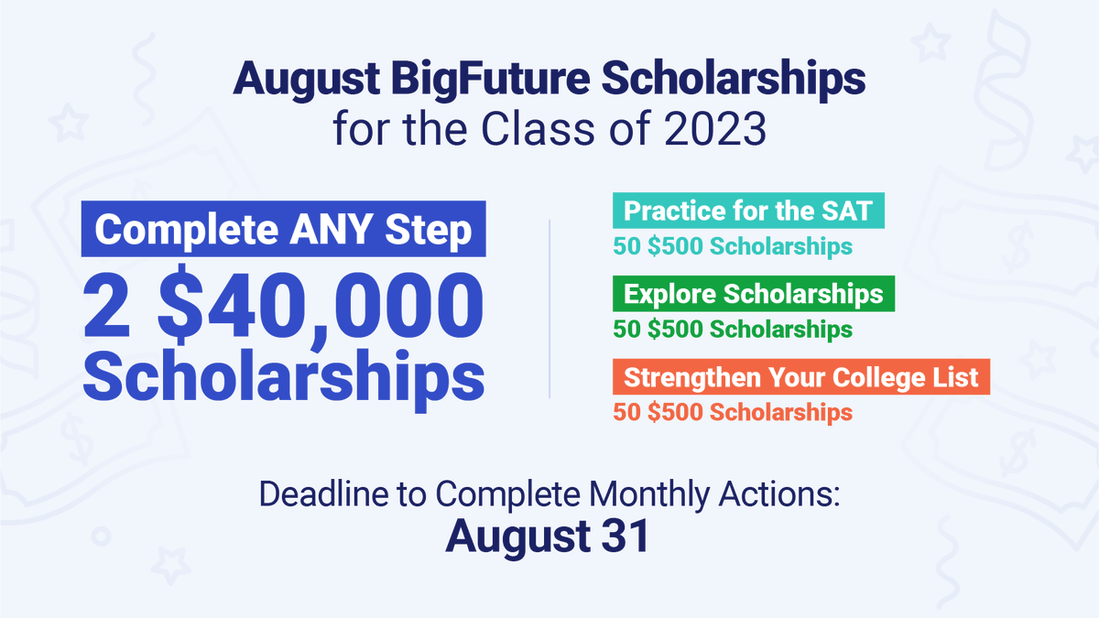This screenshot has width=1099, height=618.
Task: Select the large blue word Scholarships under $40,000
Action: point(283,375)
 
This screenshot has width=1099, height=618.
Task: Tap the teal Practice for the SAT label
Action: point(748,211)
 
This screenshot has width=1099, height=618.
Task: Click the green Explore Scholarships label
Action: point(754,294)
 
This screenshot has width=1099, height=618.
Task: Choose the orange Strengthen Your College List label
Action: point(801,377)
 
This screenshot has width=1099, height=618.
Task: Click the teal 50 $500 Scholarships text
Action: point(733,246)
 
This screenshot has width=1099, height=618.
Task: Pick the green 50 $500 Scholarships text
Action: point(733,329)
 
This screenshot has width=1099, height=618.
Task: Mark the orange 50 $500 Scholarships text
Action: point(733,412)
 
